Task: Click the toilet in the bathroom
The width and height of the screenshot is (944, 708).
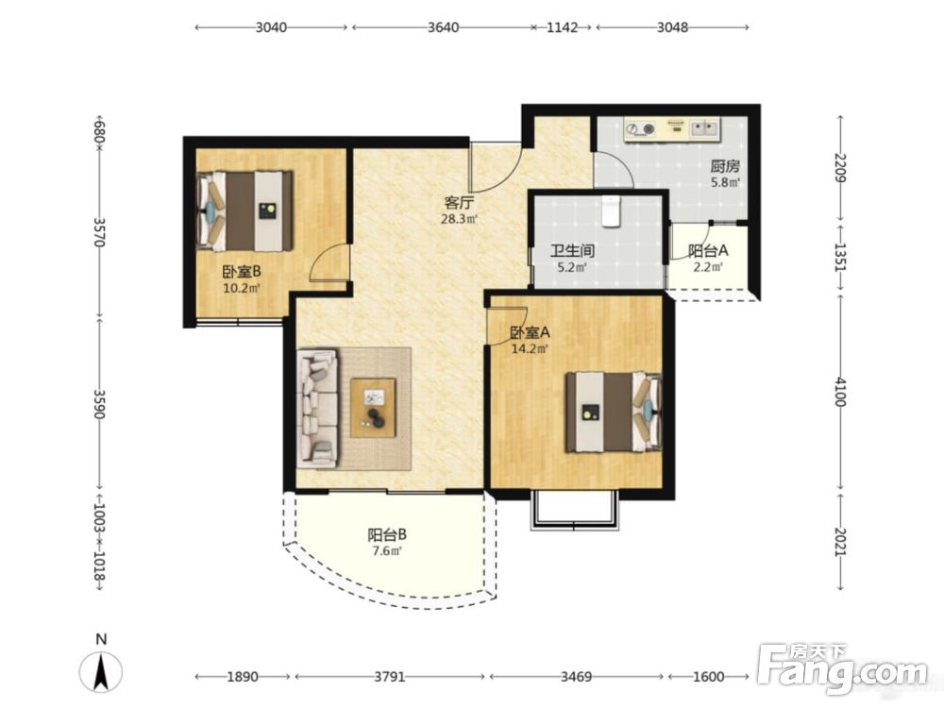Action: [x=612, y=211]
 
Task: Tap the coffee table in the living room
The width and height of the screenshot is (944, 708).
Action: [x=373, y=407]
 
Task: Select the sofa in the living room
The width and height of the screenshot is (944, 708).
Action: [x=318, y=408]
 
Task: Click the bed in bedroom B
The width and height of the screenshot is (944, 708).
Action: [x=245, y=211]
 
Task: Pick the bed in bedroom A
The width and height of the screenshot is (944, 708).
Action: [x=614, y=412]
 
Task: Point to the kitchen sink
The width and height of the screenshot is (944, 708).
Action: [x=704, y=128]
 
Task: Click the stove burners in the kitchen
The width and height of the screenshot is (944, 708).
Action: [x=641, y=128]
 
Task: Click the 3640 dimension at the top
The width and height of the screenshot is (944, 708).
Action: [x=443, y=27]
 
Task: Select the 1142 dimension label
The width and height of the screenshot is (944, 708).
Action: [x=562, y=27]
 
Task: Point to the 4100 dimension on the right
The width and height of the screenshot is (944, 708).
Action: [x=840, y=392]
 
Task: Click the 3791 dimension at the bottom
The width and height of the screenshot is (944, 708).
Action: [x=390, y=677]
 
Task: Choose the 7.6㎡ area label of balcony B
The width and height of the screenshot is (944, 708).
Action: [x=386, y=551]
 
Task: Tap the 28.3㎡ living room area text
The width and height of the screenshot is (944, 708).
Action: [x=459, y=219]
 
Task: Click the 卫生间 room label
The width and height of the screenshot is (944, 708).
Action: [x=572, y=250]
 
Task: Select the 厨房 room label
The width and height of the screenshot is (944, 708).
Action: [x=725, y=165]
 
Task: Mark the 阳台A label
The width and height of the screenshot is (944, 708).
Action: [x=708, y=250]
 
